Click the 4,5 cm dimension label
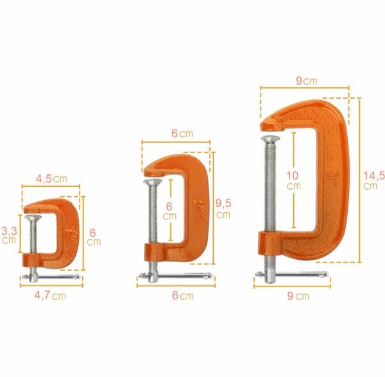coord(51,179)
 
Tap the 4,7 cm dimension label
coord(50,296)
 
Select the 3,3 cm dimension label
coord(10,235)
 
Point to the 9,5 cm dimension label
coord(223,208)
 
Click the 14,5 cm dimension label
coord(373,181)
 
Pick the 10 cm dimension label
coord(293,181)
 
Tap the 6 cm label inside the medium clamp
coord(169,211)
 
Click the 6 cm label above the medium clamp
coord(182,133)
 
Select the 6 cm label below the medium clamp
coord(183,296)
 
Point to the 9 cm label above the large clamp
coord(307,81)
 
